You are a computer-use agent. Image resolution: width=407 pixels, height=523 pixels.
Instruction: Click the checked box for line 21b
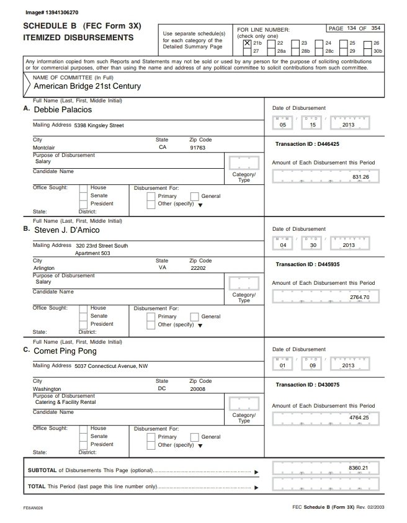[248, 43]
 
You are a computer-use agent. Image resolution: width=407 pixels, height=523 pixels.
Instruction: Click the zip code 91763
[197, 148]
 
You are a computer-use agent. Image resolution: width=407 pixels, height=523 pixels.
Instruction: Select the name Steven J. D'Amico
[69, 230]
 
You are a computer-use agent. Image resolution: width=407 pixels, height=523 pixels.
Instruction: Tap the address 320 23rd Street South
[101, 246]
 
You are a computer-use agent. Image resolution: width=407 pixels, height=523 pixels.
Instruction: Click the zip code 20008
[197, 390]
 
